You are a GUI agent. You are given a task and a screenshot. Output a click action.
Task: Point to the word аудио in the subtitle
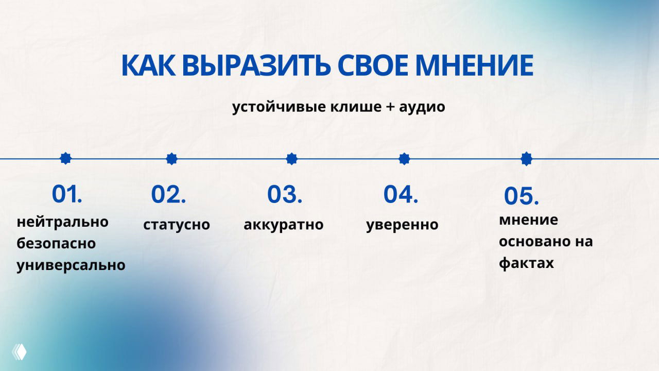coord(422,107)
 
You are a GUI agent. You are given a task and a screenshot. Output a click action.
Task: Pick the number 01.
coord(67,194)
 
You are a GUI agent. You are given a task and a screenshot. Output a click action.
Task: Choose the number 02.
coord(168,195)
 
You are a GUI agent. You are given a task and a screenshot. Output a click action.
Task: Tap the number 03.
coord(285,194)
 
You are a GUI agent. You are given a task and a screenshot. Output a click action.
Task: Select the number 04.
coord(401,194)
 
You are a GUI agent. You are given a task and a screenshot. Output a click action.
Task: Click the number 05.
coord(521,196)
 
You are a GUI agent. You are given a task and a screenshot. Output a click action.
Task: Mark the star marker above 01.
coord(65,158)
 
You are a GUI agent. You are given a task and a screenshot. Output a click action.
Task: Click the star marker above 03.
coord(292,159)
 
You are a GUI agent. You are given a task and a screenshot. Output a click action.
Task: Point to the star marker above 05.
coord(526,159)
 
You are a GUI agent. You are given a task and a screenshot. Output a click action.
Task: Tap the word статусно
coord(177,225)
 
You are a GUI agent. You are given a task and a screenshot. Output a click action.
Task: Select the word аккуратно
coord(284,225)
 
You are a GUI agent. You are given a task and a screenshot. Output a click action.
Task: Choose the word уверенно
coord(402,225)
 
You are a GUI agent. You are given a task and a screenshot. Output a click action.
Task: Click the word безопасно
coord(56,243)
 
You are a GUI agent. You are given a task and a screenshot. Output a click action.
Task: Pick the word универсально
coord(71,265)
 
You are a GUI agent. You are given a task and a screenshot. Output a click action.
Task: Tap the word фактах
coord(526,263)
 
